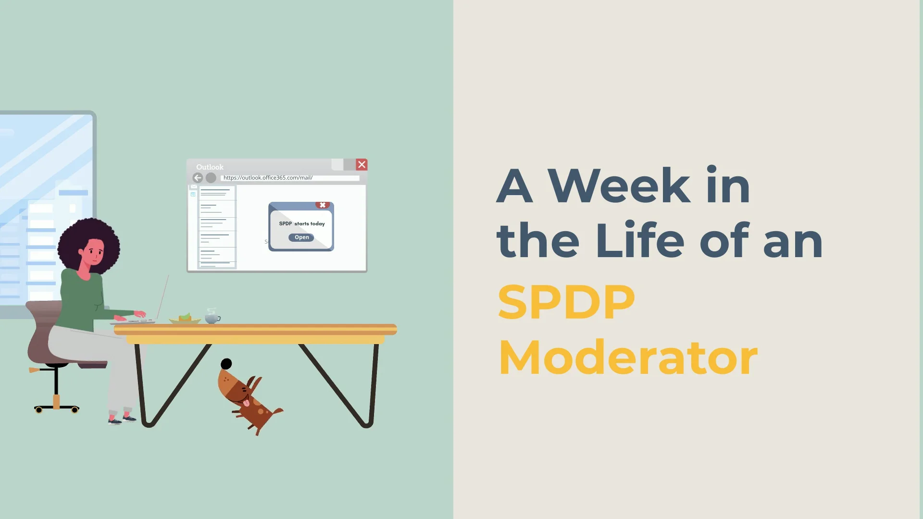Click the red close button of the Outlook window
362,165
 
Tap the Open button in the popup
301,237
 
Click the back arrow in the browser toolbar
198,178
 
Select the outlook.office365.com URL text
268,178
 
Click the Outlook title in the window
210,167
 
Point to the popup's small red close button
323,205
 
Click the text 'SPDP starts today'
302,223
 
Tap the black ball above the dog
226,364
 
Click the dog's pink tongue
247,403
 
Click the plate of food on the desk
185,319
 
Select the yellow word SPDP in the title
566,302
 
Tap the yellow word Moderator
628,358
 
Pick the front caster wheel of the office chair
75,410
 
